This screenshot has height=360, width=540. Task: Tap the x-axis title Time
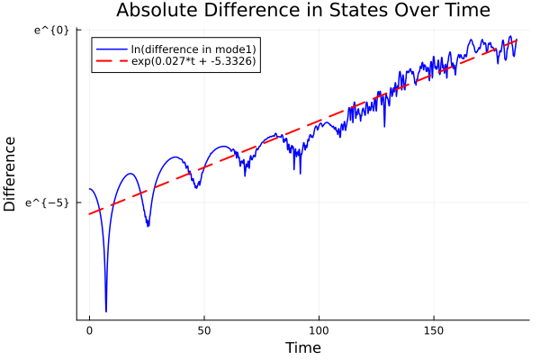302,347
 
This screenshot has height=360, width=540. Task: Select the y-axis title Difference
11,173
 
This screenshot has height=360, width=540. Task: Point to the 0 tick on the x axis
89,330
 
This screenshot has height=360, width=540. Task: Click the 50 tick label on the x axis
204,330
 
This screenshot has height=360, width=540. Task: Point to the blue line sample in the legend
111,48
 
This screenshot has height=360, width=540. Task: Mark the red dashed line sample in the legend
111,62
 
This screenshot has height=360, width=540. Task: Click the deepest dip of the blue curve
106,311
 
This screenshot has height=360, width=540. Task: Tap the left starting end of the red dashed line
89,213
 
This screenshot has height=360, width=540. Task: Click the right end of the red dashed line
517,40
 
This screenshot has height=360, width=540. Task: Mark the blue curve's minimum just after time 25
148,226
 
